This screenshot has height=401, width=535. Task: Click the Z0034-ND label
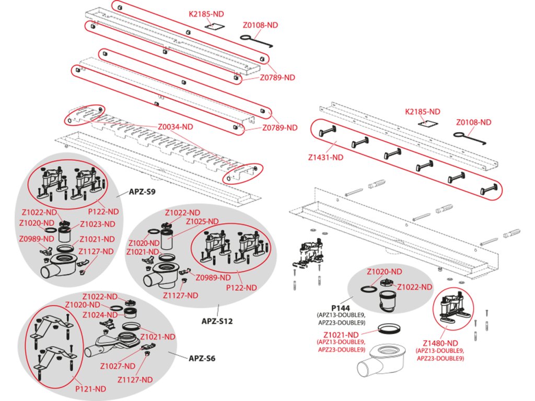176,126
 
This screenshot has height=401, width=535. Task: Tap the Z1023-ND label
98,225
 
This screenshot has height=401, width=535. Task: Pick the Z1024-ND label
99,315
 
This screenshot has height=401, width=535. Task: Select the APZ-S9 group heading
143,192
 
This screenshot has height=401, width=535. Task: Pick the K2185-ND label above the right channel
423,112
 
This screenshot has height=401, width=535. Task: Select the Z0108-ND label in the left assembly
260,25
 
